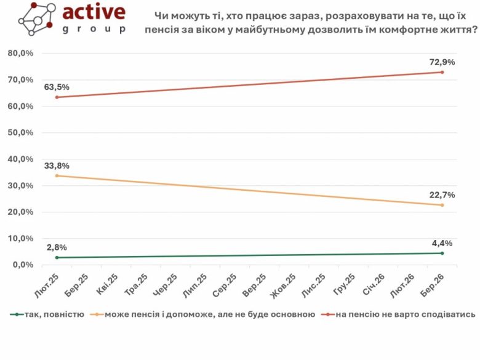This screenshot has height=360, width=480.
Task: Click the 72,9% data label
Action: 442,62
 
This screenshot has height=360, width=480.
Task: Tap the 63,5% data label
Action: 57,87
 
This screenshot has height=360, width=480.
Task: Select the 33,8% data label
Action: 57,166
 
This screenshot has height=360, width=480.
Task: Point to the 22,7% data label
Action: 442,195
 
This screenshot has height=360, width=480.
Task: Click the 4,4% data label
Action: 442,242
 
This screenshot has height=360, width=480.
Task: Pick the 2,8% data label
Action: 57,247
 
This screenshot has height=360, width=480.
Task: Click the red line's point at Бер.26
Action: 442,72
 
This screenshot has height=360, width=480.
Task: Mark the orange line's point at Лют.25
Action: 57,176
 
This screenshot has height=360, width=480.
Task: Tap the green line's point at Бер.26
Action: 442,253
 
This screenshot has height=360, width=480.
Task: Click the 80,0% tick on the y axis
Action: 20,54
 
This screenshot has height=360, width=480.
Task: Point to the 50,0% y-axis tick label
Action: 20,133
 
